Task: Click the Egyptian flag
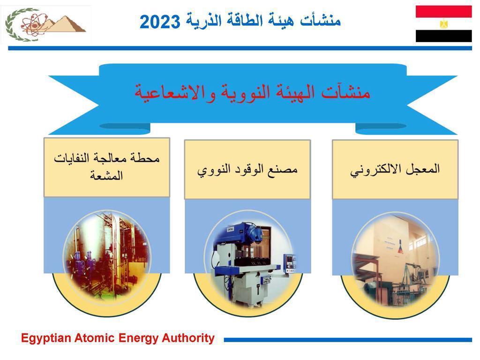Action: click(443, 24)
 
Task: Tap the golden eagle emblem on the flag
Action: click(443, 24)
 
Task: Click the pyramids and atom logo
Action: click(46, 24)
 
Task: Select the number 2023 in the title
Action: click(160, 22)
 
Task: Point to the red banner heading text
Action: click(253, 92)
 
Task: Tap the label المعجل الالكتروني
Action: click(395, 170)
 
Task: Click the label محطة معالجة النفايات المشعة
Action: click(106, 167)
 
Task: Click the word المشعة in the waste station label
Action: click(106, 175)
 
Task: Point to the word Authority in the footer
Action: click(188, 338)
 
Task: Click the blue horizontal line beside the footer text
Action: click(348, 339)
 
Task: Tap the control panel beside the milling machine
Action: click(289, 263)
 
